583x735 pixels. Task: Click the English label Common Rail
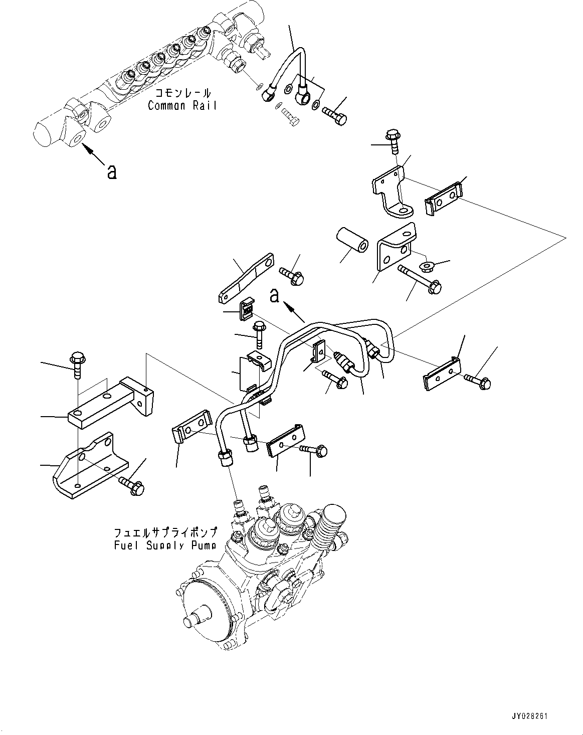(182, 105)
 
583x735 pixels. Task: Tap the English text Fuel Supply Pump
(165, 545)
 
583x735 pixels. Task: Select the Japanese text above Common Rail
(182, 93)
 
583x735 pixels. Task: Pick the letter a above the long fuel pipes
(274, 296)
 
